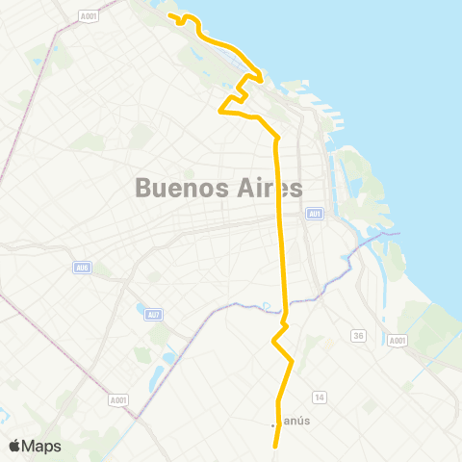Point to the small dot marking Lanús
click(273, 424)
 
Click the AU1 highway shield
click(315, 214)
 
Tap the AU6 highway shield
click(81, 269)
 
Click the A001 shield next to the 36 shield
click(398, 341)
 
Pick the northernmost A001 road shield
click(89, 16)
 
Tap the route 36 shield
click(358, 335)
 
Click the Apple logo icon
click(14, 446)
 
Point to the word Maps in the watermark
click(42, 446)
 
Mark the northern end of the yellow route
click(170, 15)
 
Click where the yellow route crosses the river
click(285, 310)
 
